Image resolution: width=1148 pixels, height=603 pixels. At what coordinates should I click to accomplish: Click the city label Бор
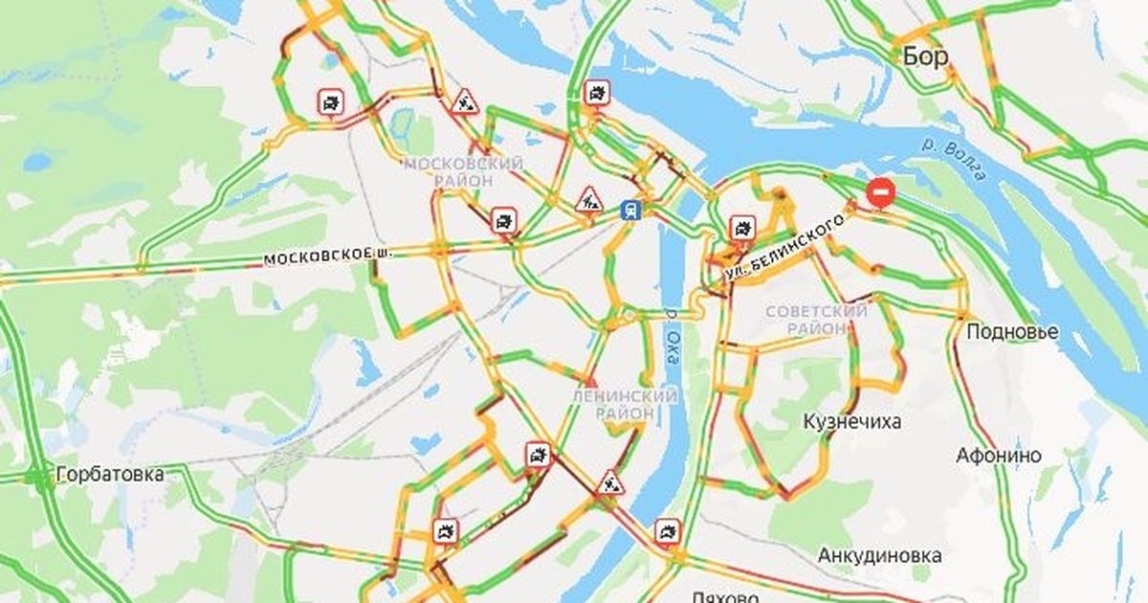tap(925, 56)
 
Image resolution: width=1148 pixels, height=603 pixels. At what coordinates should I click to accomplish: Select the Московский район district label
tap(463, 172)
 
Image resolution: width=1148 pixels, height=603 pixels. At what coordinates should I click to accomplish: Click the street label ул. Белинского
tap(785, 248)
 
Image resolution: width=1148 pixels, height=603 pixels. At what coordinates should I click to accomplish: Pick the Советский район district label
tap(816, 320)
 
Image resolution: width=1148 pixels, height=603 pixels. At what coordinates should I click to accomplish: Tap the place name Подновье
tap(1012, 332)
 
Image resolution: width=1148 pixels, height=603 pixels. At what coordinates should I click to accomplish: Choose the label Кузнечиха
tap(851, 422)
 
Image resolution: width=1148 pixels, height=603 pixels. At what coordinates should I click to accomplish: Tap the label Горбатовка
tap(110, 474)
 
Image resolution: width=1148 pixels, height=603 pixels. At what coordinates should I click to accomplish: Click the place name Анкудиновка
tap(879, 555)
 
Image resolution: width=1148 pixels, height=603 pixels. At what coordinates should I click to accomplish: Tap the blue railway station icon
tap(629, 210)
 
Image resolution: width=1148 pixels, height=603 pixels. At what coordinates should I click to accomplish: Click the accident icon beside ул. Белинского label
tap(742, 228)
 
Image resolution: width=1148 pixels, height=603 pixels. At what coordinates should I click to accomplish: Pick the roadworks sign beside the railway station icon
tap(587, 199)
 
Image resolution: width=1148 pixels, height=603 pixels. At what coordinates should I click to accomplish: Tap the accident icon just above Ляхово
tap(667, 531)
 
